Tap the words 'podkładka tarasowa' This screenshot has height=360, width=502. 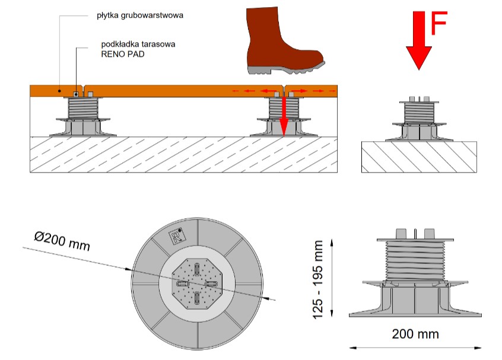coord(138,43)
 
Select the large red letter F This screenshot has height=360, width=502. coord(438,26)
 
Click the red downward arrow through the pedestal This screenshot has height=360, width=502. coord(284,116)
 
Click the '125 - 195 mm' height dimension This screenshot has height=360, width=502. coord(319,279)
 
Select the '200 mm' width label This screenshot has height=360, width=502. coord(415,334)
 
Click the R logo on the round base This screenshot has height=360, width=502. coord(176,235)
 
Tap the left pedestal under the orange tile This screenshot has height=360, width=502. coord(82,116)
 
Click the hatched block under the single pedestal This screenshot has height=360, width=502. coord(418,157)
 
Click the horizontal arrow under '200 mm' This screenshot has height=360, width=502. coord(415,346)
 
